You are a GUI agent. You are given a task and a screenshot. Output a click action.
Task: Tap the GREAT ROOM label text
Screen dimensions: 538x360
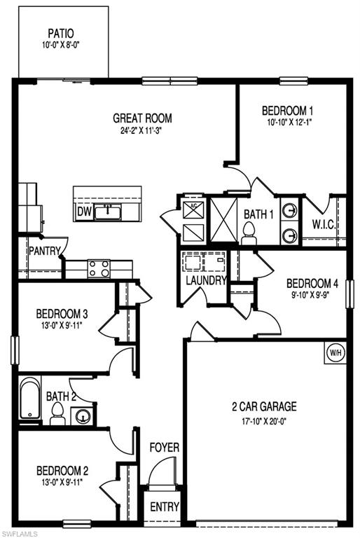coord(143,118)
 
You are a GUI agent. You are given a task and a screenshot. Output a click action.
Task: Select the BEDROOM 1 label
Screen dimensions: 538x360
coord(287,110)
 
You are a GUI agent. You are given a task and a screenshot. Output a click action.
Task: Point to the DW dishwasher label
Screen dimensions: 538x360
coord(84,211)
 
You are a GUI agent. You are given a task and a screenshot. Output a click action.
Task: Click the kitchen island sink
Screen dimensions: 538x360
coord(108,212)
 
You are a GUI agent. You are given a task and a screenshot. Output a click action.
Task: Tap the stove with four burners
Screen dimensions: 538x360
coord(98,267)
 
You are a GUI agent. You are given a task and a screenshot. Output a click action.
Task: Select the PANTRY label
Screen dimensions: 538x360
coord(43,249)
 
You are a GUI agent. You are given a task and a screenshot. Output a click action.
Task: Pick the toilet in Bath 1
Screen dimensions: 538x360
coord(249,233)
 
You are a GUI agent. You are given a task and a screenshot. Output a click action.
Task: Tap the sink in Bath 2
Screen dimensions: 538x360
coord(83,418)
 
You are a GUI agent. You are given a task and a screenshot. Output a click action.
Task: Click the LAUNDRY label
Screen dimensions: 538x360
coord(205,281)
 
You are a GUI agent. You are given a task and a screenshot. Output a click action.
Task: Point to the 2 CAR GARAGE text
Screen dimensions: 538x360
coord(264,406)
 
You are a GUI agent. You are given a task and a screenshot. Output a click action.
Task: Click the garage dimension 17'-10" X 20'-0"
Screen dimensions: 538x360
coord(264,422)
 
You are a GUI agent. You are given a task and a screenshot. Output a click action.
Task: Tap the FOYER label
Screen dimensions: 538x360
coord(164,447)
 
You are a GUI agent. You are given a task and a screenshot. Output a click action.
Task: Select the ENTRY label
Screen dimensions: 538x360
coord(165,507)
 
